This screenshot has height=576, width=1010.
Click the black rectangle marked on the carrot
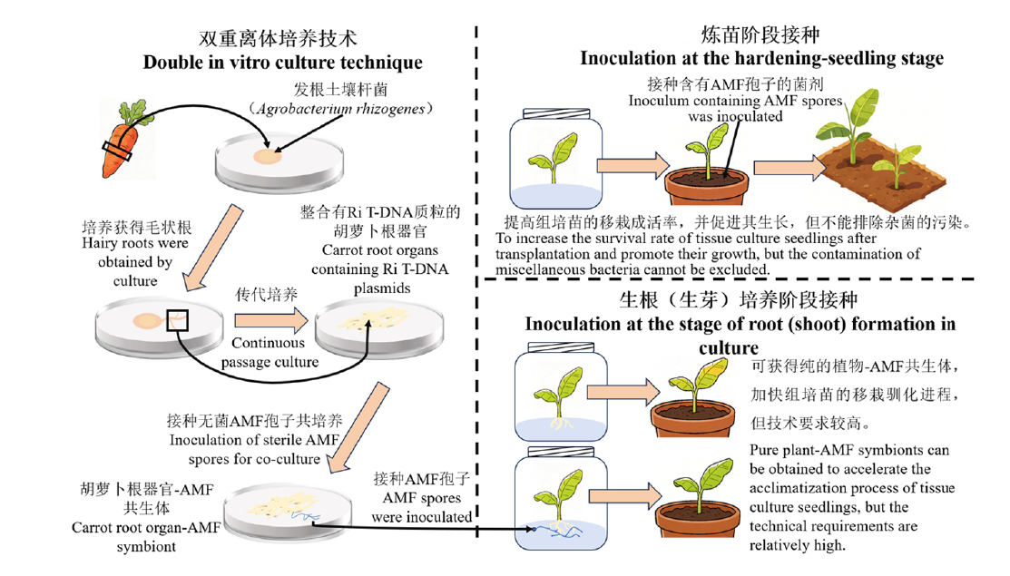pos(117,151)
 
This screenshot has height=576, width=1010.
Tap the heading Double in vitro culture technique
pos(282,63)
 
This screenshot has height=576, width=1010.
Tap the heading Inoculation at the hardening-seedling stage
pos(761,59)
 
